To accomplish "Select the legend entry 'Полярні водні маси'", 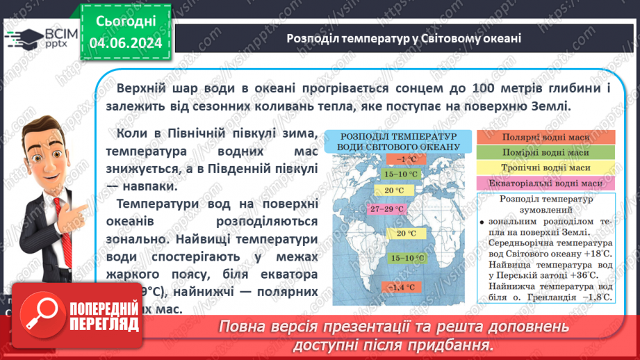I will click(x=546, y=137).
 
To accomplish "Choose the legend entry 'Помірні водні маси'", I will click(x=546, y=152).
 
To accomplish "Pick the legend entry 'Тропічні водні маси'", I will click(x=546, y=168).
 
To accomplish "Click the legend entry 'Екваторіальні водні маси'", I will click(x=546, y=183).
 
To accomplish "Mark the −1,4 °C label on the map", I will click(x=401, y=286).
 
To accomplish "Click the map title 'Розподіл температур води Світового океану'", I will click(x=398, y=141).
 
